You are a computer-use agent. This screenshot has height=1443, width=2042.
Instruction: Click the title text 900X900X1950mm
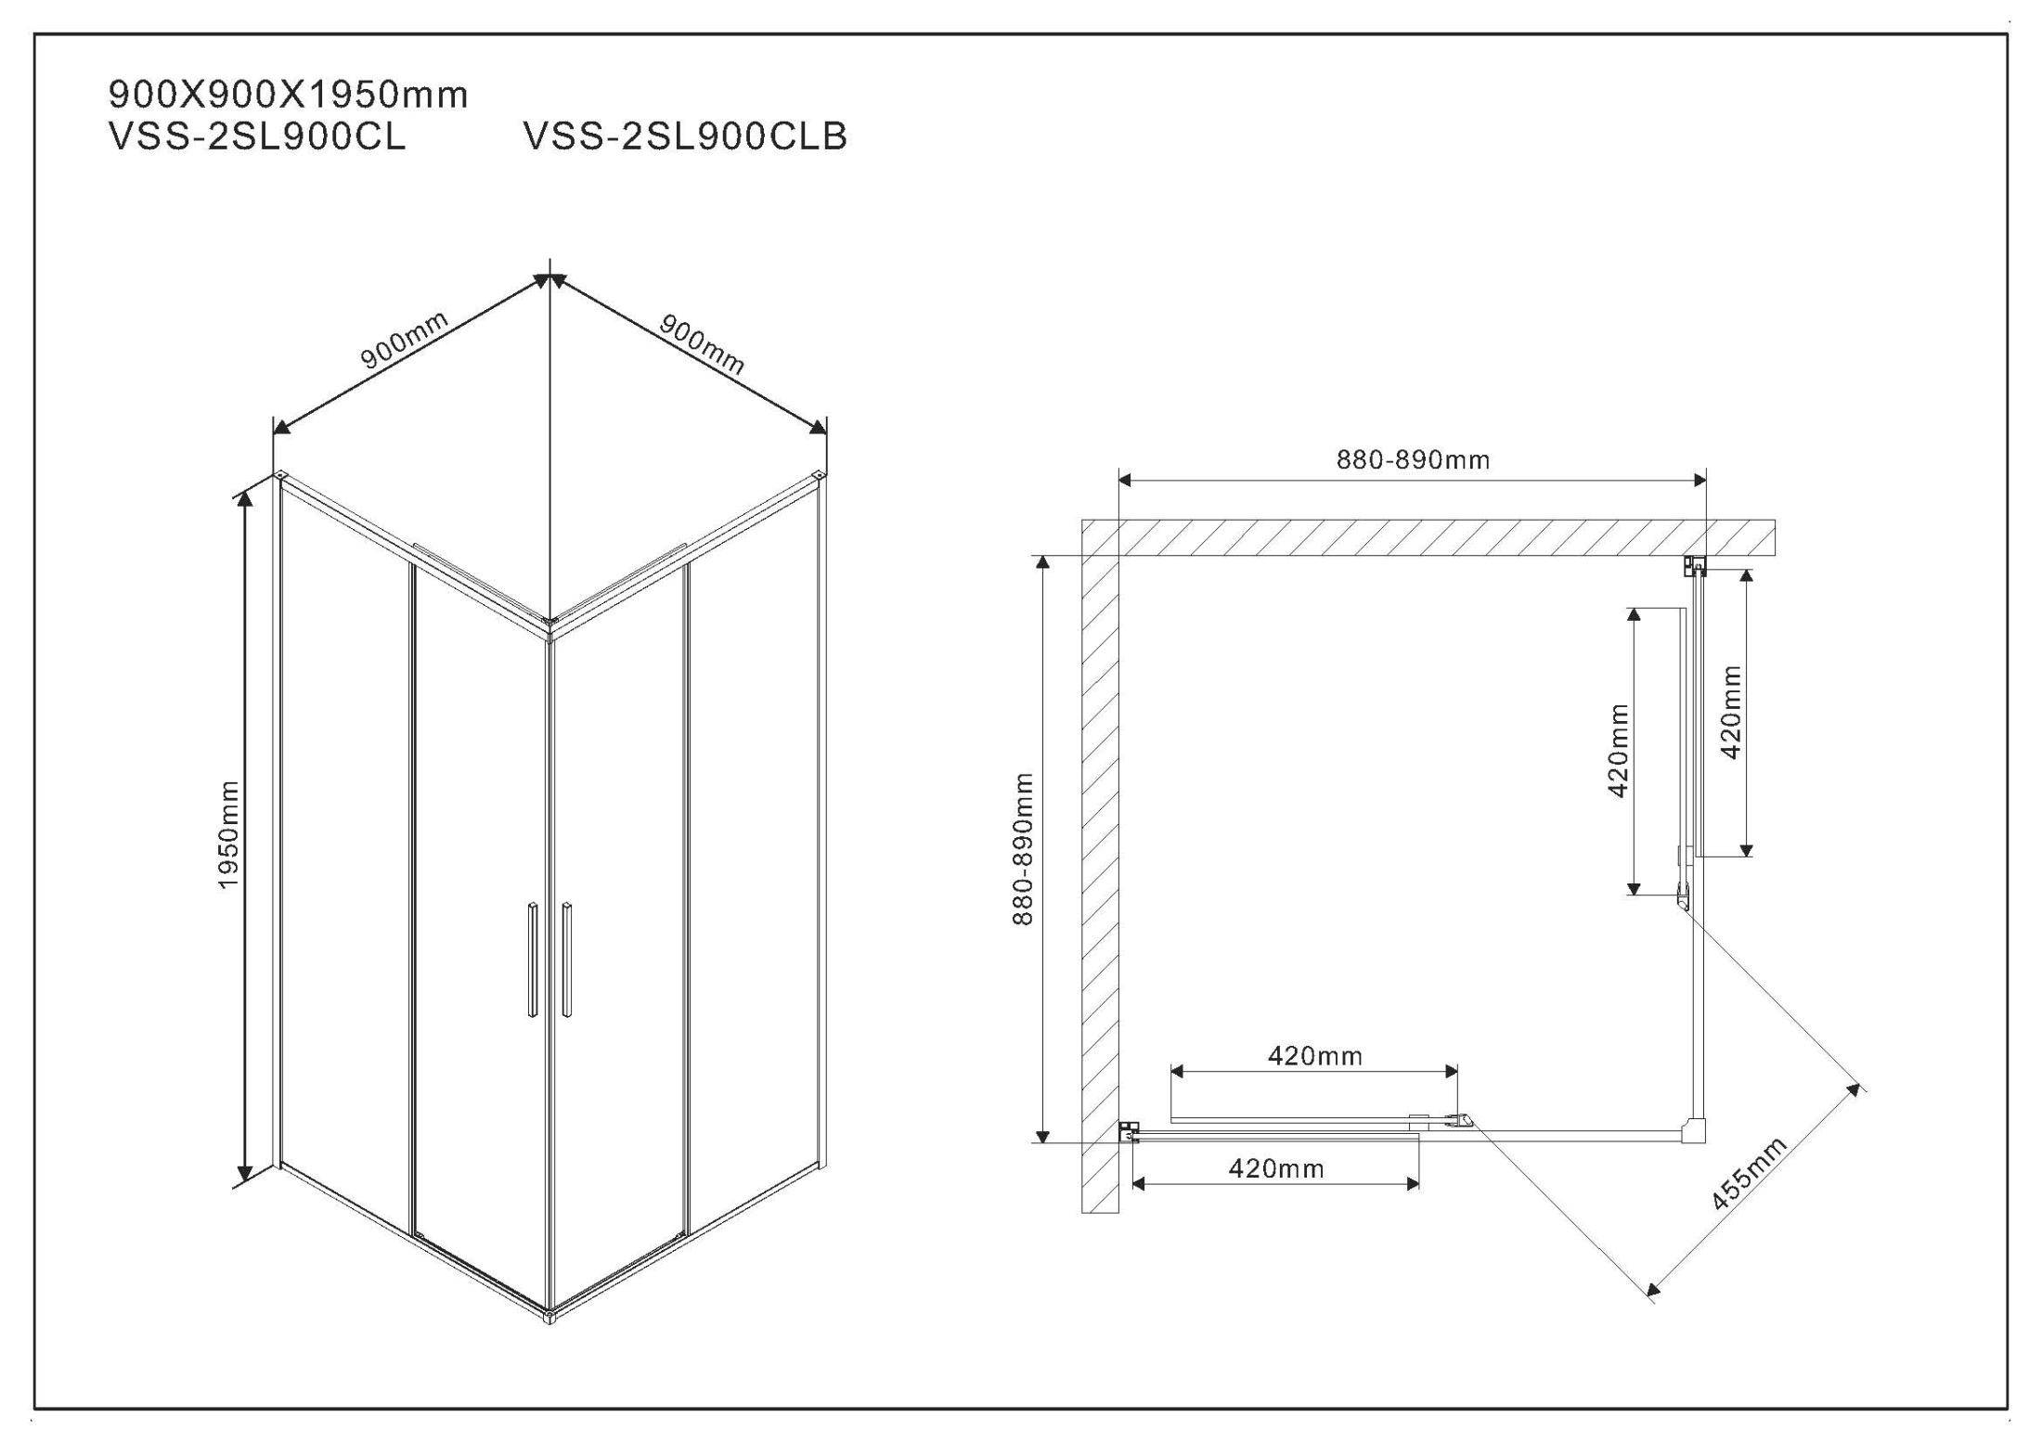(x=288, y=95)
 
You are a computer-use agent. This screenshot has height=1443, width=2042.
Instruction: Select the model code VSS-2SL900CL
(x=257, y=136)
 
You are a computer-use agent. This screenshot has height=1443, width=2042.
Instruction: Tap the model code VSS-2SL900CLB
(x=685, y=136)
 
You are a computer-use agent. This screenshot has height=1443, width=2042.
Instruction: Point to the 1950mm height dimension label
(x=228, y=834)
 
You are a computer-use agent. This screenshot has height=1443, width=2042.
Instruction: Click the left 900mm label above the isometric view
(x=405, y=340)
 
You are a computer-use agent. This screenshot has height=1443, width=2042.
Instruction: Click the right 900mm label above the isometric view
(x=702, y=343)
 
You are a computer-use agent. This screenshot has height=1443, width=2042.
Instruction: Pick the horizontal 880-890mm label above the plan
(x=1413, y=459)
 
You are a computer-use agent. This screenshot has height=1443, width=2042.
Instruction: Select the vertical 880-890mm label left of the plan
(x=1023, y=849)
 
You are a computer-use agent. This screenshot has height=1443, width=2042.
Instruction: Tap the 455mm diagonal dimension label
(x=1749, y=1173)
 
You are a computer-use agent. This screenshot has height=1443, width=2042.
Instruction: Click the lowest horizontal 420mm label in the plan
(x=1276, y=1168)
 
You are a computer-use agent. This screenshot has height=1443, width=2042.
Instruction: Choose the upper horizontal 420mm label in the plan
(x=1315, y=1055)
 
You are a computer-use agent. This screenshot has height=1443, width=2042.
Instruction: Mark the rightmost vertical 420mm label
(x=1731, y=712)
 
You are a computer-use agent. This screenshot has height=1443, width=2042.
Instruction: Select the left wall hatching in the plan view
(x=1101, y=882)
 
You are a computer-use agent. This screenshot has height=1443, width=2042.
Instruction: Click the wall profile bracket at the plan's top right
(x=1695, y=565)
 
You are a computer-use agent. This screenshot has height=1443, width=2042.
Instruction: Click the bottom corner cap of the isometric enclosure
(x=549, y=1315)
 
